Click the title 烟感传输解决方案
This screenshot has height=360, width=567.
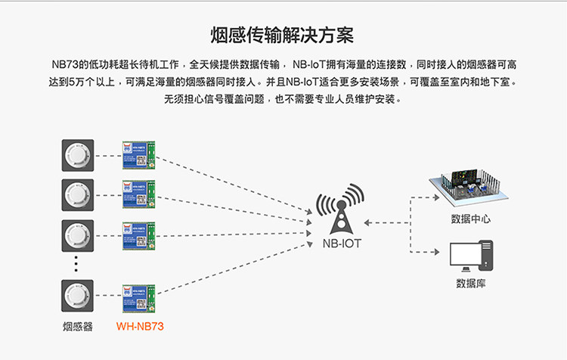[x=283, y=35]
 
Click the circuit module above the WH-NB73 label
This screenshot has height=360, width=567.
[x=138, y=296]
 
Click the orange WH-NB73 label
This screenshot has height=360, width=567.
[x=140, y=327]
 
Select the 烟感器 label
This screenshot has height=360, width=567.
[x=77, y=327]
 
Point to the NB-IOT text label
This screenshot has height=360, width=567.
[x=342, y=244]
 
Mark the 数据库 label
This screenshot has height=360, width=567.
[x=471, y=284]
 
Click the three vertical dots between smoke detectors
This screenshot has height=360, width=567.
[x=76, y=262]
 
